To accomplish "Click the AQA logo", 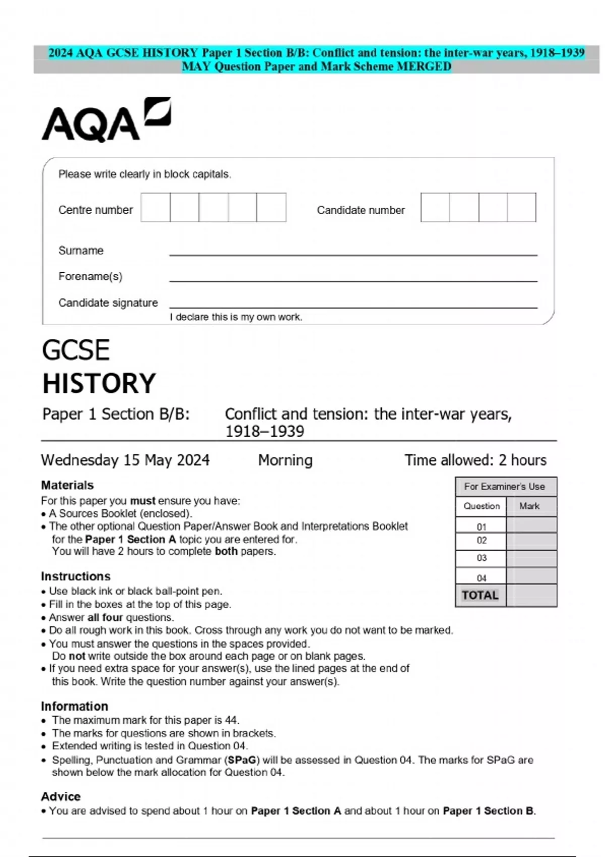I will click(106, 119).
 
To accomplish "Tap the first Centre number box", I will click(155, 207).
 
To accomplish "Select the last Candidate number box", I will click(521, 207).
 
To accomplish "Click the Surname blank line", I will click(353, 251).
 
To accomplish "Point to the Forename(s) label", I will click(90, 276).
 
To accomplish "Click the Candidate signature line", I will click(353, 303).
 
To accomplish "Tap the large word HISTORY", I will click(99, 384).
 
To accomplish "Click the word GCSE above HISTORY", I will click(76, 350).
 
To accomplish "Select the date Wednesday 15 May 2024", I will click(125, 460).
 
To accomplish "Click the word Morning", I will click(285, 460).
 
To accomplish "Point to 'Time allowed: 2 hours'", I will click(475, 460).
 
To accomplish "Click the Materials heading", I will click(67, 485).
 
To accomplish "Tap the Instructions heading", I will click(76, 576).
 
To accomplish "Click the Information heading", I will click(75, 706).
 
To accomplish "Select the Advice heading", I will click(60, 797).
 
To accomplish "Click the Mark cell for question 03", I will click(531, 558).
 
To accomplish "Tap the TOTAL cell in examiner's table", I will click(480, 595).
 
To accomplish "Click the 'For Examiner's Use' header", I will click(505, 486).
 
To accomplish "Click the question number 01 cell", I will click(481, 526).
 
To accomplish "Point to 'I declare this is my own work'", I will click(236, 317).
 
